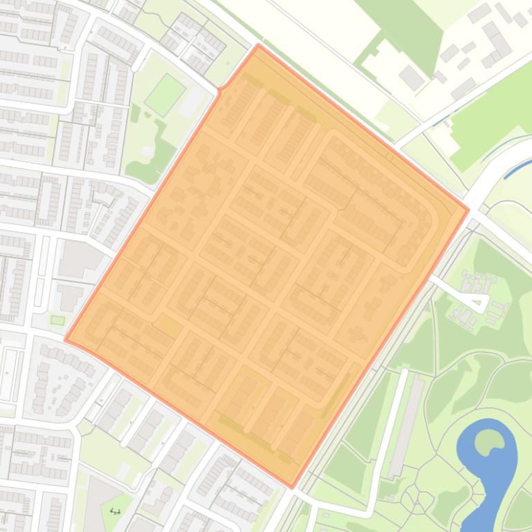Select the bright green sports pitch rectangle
(165, 95)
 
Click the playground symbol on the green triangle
(116, 511)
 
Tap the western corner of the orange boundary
(66, 339)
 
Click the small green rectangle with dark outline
(57, 320)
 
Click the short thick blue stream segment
(519, 168)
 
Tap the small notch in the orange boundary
(220, 90)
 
